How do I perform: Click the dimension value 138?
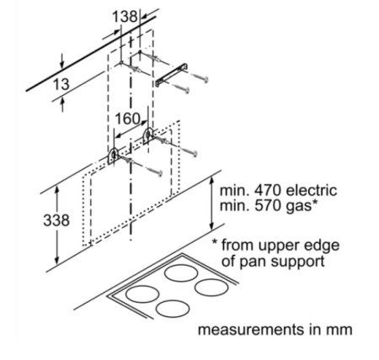(125, 17)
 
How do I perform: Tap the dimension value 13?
(61, 84)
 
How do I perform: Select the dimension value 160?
(127, 119)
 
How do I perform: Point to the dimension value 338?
(56, 220)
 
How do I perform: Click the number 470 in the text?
(267, 191)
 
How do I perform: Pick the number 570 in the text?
(267, 206)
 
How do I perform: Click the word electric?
(311, 191)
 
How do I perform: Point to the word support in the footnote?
(296, 262)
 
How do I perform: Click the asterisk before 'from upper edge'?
(215, 241)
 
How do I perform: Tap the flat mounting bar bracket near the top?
(172, 75)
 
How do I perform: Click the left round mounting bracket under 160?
(113, 156)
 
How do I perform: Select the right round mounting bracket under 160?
(148, 135)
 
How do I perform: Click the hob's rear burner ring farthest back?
(181, 273)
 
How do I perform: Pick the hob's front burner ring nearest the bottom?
(173, 309)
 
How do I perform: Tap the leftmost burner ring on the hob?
(142, 294)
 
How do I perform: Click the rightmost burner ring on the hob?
(211, 287)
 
